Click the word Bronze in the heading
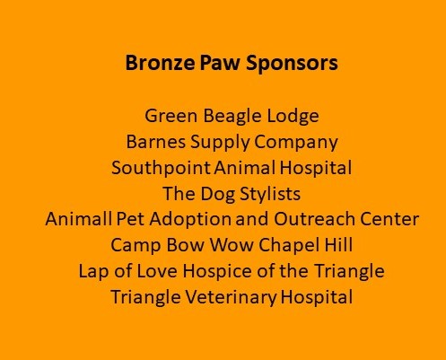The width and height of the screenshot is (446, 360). click(x=160, y=63)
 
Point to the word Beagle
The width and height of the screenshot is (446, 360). click(x=232, y=117)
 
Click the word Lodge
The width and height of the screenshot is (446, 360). click(x=293, y=117)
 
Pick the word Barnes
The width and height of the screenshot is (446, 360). click(x=155, y=142)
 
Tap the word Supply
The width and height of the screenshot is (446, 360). click(x=220, y=143)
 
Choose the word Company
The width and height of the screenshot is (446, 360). click(x=296, y=143)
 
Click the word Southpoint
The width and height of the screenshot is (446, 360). click(x=161, y=169)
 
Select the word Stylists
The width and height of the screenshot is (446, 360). click(x=270, y=194)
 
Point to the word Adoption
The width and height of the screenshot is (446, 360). click(x=190, y=220)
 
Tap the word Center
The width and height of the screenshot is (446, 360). click(x=389, y=219)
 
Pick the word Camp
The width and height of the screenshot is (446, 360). click(x=136, y=246)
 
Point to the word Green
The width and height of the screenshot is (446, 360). click(x=171, y=116)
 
